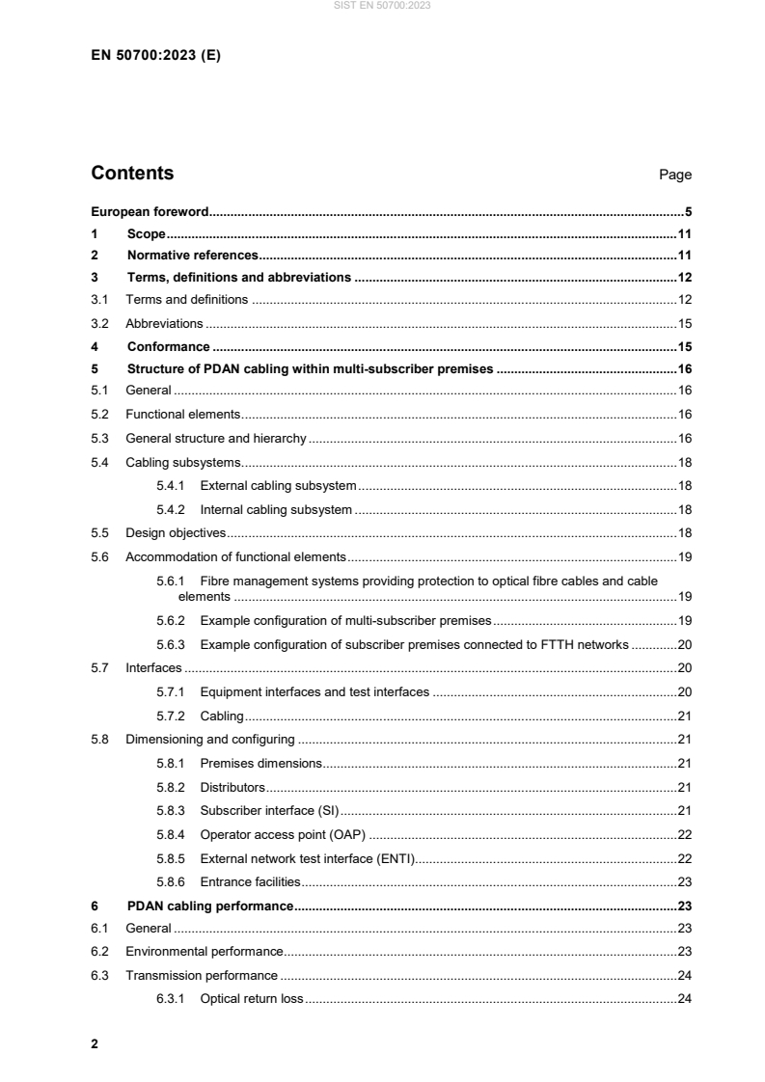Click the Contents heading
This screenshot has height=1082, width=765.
(x=132, y=174)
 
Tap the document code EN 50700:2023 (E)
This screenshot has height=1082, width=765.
(x=155, y=56)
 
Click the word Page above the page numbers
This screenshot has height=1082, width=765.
(x=675, y=176)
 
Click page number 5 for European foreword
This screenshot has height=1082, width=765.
(x=688, y=211)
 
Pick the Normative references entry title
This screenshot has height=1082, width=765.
(x=192, y=256)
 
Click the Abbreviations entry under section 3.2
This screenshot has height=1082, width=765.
(x=164, y=324)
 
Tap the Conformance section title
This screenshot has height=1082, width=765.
(x=168, y=346)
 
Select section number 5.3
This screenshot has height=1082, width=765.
(x=100, y=439)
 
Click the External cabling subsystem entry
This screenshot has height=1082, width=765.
(x=278, y=485)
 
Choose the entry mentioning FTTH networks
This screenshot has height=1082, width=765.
(x=414, y=644)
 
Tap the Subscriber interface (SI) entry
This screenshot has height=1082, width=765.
(x=270, y=810)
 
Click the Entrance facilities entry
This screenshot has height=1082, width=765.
(x=250, y=881)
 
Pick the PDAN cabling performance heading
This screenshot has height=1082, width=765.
(x=209, y=906)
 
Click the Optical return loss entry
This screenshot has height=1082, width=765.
(x=251, y=998)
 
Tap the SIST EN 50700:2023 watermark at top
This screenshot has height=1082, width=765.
(x=383, y=6)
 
